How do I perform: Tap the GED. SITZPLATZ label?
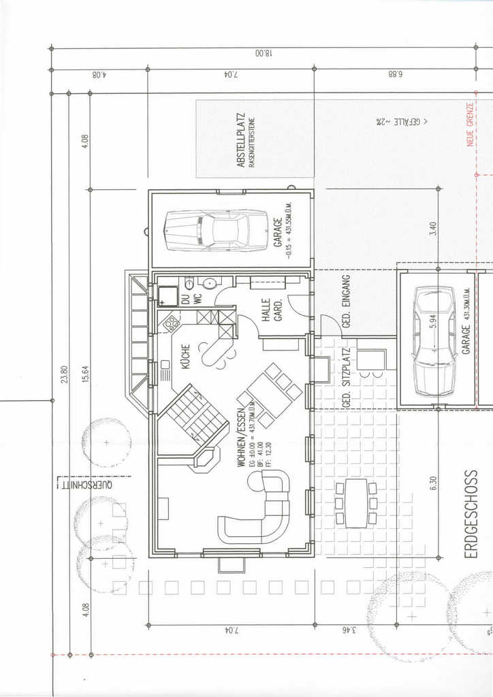click(x=346, y=377)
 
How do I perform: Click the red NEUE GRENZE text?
click(x=470, y=125)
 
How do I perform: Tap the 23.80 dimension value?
click(x=64, y=375)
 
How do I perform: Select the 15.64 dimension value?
click(x=85, y=375)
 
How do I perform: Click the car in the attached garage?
click(x=217, y=230)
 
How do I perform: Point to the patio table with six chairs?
click(x=355, y=503)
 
